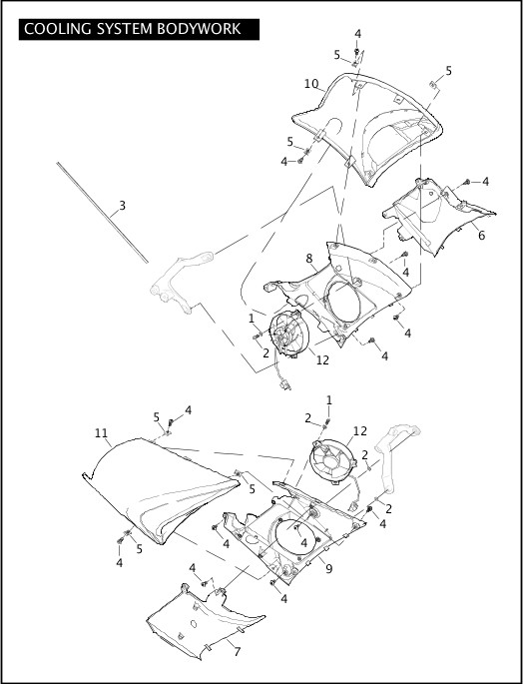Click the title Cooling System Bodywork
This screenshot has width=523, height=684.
[x=132, y=29]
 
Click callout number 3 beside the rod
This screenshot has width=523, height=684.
[x=122, y=205]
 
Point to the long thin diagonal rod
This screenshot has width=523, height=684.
[x=102, y=213]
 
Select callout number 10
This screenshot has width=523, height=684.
[x=311, y=83]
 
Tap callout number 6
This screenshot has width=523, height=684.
[x=481, y=235]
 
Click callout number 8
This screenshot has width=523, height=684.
[x=309, y=259]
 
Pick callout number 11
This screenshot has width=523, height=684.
[x=101, y=433]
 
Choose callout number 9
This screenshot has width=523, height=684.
[x=329, y=569]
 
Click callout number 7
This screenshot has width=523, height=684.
[x=238, y=652]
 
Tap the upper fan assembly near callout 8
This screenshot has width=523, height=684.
[x=288, y=334]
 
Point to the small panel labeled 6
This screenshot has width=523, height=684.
[x=436, y=214]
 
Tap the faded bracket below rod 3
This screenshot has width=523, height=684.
[x=179, y=282]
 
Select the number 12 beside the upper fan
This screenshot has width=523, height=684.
[x=322, y=359]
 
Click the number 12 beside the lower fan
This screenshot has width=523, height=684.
[x=360, y=431]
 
